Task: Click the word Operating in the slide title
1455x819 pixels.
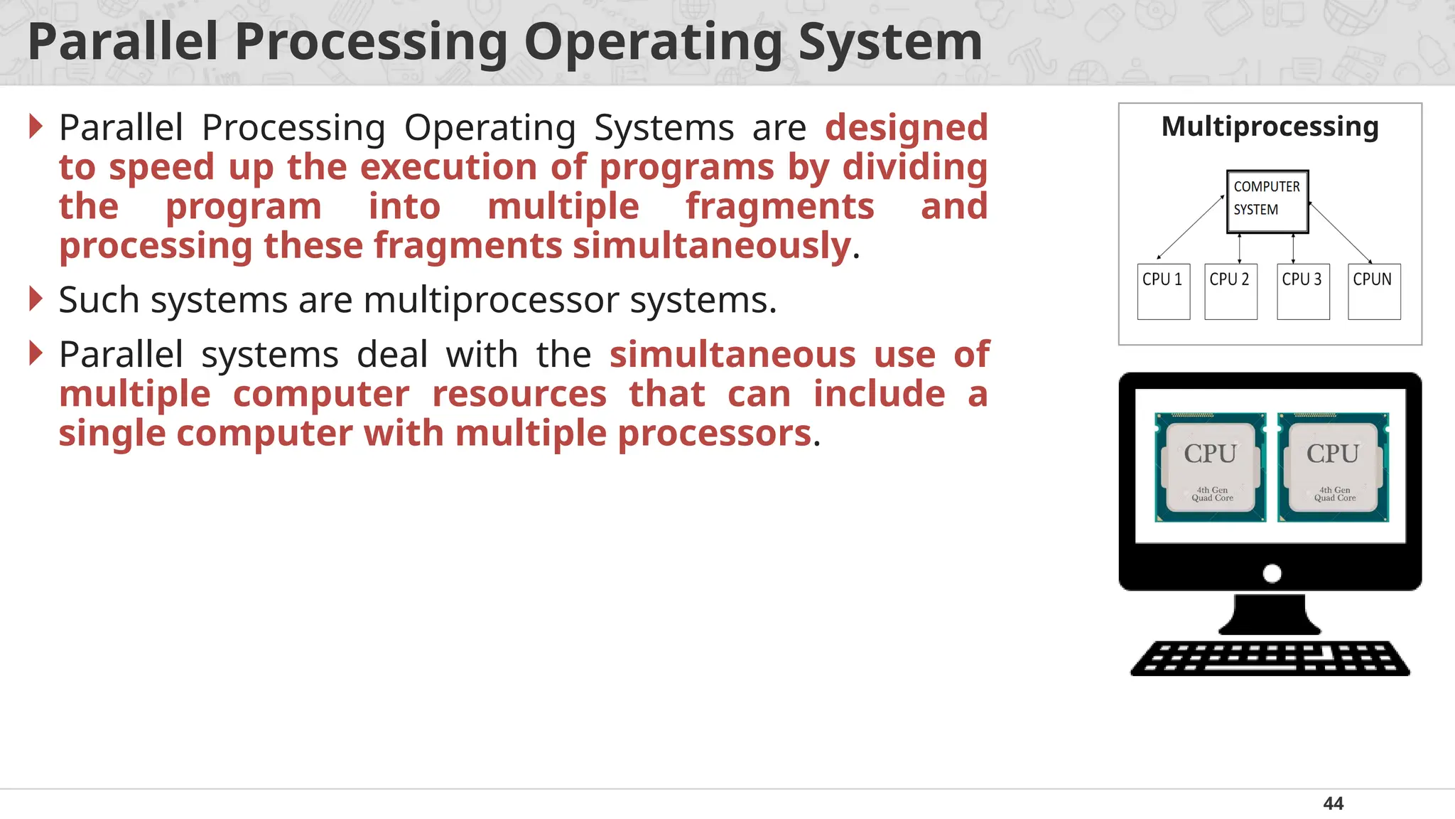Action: [653, 43]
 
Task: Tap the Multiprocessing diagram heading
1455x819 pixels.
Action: [1270, 127]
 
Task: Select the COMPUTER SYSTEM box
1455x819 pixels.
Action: [1267, 201]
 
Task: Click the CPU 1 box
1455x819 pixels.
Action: [1163, 291]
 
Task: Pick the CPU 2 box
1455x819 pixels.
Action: [1230, 291]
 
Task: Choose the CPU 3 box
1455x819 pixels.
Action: [1303, 291]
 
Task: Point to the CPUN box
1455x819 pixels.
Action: [1374, 291]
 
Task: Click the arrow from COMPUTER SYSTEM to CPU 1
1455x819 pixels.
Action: [1191, 227]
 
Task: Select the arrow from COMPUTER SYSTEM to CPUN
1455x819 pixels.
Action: [1340, 232]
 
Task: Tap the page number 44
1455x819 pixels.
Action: [1333, 803]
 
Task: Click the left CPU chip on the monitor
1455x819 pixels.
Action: [1210, 467]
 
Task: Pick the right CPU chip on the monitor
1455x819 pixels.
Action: [1333, 467]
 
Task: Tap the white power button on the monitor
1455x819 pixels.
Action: [1272, 573]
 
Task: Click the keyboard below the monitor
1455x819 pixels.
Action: [1270, 658]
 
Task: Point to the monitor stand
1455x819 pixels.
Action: [1270, 614]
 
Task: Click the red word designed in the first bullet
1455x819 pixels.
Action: [907, 128]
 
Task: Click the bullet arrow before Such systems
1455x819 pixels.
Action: [36, 299]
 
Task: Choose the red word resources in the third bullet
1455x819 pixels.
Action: [519, 395]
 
